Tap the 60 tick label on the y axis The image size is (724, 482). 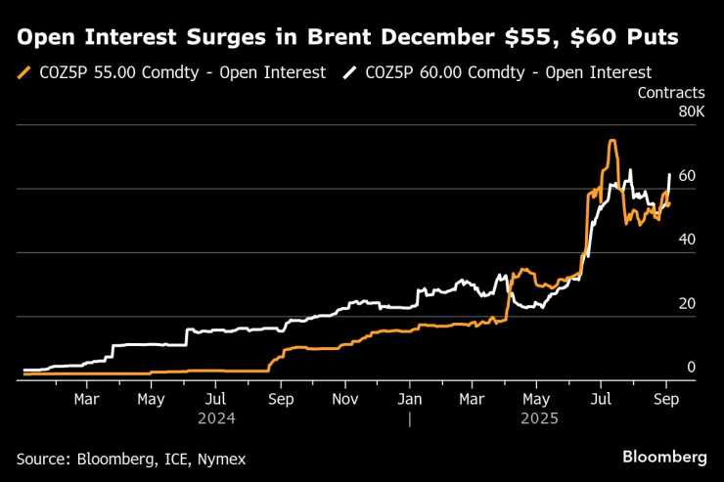click(687, 176)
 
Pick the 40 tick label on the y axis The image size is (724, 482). click(687, 240)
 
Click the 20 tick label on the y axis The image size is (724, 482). click(687, 304)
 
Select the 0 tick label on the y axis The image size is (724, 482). click(691, 368)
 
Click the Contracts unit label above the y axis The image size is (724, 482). click(670, 93)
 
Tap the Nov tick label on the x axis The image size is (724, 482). click(344, 399)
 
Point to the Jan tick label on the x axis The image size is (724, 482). click(411, 399)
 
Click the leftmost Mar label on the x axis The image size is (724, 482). click(87, 399)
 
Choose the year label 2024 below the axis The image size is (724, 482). click(217, 417)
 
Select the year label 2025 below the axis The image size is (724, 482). click(539, 417)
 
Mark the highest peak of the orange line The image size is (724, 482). click(611, 141)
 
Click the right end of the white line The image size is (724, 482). click(669, 175)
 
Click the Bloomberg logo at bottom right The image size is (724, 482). click(664, 457)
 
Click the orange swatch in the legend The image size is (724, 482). click(23, 72)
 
